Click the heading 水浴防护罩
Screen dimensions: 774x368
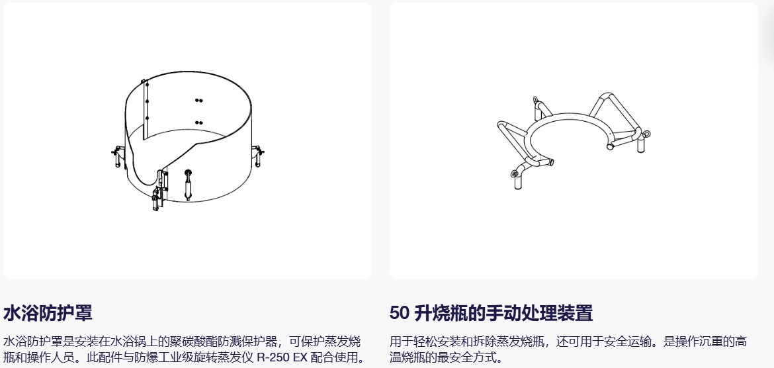[48, 312]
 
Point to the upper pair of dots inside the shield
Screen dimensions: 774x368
[198, 101]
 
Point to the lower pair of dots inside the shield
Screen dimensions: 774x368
[198, 122]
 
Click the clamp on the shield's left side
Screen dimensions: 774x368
[117, 156]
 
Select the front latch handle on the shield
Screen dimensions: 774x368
[188, 184]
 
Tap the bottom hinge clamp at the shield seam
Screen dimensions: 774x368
[157, 198]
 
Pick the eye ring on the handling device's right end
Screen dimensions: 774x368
[645, 133]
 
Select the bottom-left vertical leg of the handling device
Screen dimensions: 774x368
[518, 182]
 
